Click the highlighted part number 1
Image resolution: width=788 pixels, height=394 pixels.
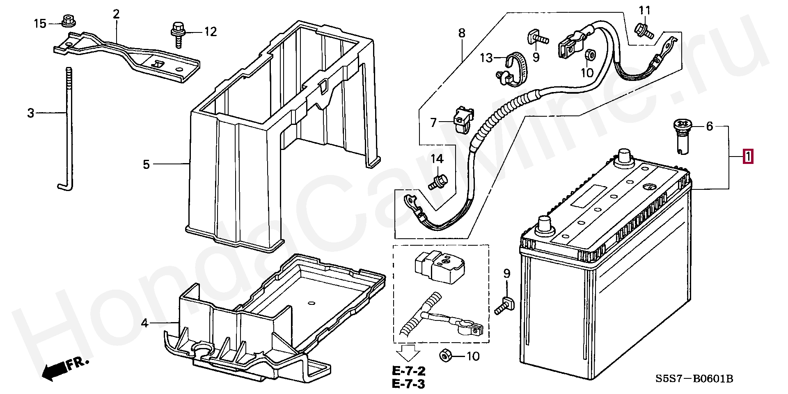pos(748,157)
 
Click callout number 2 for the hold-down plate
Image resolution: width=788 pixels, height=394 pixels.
pos(116,15)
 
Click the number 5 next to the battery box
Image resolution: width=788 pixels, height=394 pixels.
pos(147,164)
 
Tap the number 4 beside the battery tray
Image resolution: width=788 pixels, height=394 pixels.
pos(144,323)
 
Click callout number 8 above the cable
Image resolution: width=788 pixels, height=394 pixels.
pos(462,33)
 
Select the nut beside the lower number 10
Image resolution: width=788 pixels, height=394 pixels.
pos(445,355)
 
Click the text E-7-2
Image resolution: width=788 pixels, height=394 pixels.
pos(408,371)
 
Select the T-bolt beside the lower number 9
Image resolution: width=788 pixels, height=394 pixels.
pos(503,306)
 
